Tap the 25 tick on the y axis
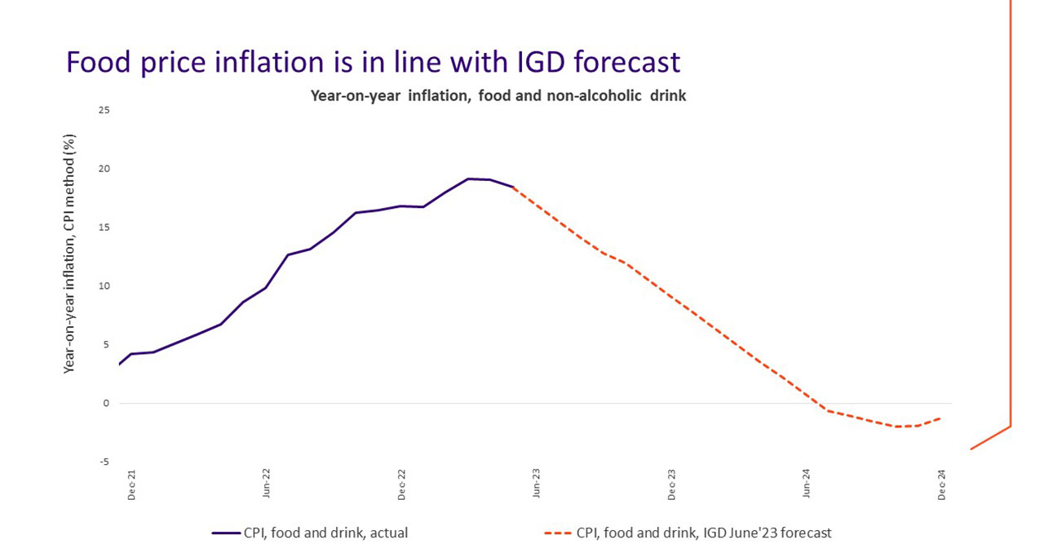104,110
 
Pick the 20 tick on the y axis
104,169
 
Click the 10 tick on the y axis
104,286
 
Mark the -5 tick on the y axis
104,462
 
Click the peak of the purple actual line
468,179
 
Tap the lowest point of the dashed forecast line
898,427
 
